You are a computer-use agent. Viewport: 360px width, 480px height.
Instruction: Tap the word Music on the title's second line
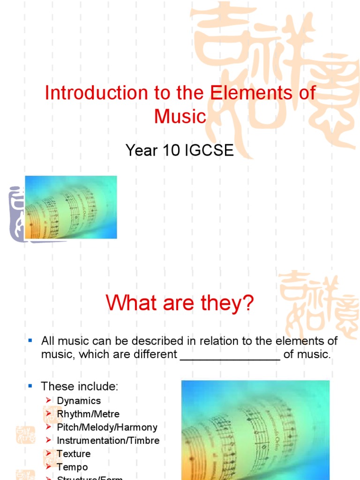(x=180, y=116)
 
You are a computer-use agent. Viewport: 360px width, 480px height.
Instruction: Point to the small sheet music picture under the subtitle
(x=71, y=207)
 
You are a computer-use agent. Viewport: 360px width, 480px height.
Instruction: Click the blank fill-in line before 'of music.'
(x=230, y=354)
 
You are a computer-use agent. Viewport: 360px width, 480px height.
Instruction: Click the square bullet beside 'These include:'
(x=30, y=386)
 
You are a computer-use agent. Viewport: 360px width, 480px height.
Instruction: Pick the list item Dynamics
(x=79, y=401)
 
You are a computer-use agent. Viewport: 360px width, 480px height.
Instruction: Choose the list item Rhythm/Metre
(x=88, y=414)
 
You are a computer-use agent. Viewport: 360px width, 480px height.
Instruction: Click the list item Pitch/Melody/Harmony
(x=107, y=427)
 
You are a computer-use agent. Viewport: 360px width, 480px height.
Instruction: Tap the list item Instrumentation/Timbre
(x=108, y=441)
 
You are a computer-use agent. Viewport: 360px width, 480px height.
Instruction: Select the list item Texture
(x=74, y=454)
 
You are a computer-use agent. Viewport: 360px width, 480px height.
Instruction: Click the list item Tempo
(x=72, y=467)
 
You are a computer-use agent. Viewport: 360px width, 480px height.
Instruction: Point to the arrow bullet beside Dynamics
(x=48, y=400)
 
